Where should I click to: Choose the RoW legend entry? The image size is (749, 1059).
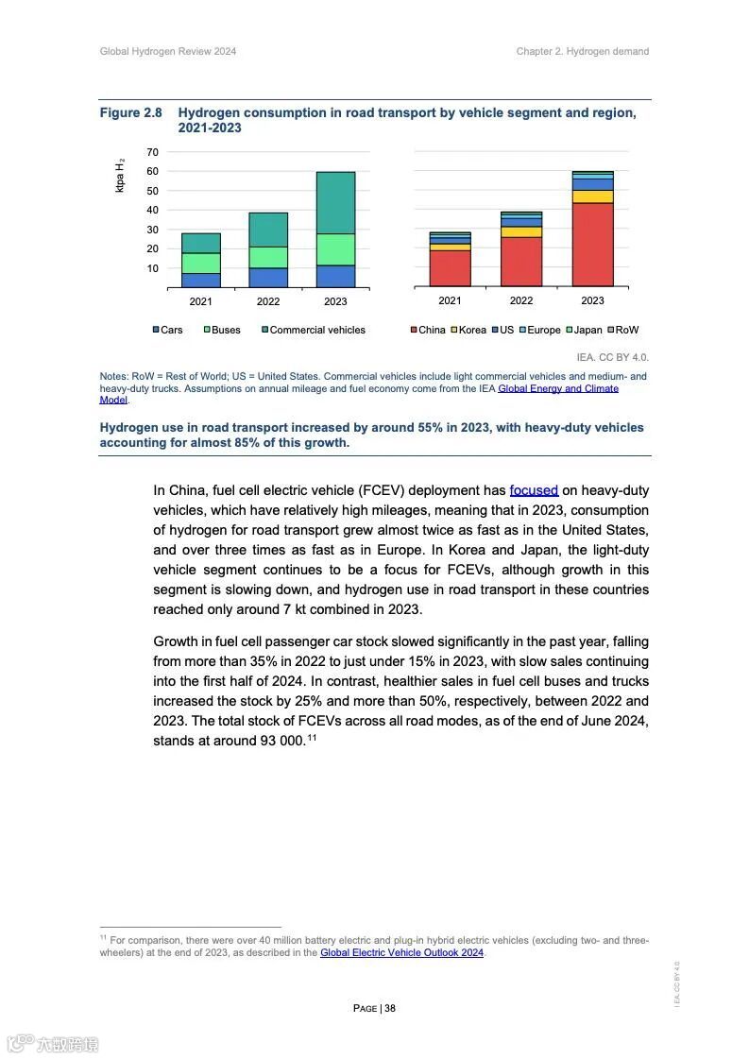pos(626,330)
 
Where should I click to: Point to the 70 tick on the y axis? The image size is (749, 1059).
pos(153,152)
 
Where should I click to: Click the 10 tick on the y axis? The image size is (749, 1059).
pos(153,268)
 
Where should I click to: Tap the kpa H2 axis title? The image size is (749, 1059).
pos(120,177)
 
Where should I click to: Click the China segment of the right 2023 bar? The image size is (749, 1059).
pos(592,244)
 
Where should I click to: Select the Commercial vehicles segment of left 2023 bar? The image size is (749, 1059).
pos(335,202)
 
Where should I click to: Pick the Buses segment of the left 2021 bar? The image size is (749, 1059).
pos(200,263)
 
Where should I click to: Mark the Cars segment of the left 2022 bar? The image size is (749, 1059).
pos(268,277)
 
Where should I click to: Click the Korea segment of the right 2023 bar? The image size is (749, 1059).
pos(592,196)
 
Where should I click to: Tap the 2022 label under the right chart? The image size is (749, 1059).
pos(521,300)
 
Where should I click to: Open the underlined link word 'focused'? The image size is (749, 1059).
pos(534,490)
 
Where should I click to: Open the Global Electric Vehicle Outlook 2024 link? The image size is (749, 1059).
pos(401,953)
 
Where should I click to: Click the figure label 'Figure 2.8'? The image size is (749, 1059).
pos(131,112)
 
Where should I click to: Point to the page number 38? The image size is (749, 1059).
pos(390,1008)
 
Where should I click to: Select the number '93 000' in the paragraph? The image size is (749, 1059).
pos(281,742)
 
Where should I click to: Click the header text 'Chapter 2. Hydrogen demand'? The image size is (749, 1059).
pos(582,51)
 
